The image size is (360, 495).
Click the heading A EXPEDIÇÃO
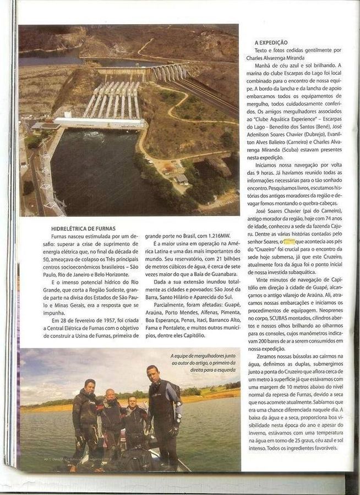271,42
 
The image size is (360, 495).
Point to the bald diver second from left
111,395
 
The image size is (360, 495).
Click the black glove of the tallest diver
174,431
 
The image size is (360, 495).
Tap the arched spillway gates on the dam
171,72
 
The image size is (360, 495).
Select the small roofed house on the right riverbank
181,179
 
